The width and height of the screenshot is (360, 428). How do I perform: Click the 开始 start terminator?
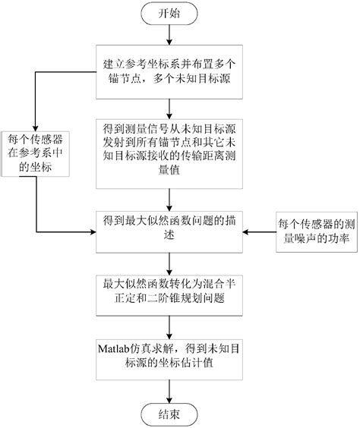click(x=170, y=13)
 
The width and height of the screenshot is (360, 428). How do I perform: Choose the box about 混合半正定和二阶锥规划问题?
click(x=170, y=291)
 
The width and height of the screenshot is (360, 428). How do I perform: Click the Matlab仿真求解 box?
click(x=170, y=355)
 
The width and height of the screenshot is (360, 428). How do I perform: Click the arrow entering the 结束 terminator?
click(x=170, y=391)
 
